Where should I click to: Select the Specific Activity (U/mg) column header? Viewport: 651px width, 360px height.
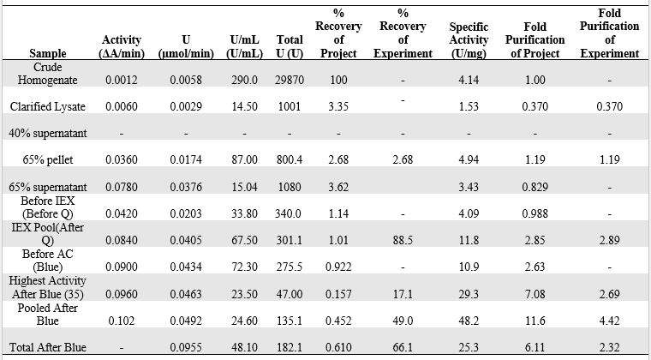pyautogui.click(x=469, y=40)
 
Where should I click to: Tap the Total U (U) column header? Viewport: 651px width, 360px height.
pyautogui.click(x=290, y=46)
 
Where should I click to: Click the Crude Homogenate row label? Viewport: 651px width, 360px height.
pyautogui.click(x=47, y=73)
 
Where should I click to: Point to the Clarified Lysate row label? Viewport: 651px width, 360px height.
pyautogui.click(x=47, y=106)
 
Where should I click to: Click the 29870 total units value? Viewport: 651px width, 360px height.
pyautogui.click(x=290, y=80)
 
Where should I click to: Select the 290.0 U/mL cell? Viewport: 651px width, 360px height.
pyautogui.click(x=244, y=80)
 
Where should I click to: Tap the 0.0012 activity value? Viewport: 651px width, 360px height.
pyautogui.click(x=122, y=80)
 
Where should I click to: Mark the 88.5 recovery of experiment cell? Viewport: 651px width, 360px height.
pyautogui.click(x=403, y=241)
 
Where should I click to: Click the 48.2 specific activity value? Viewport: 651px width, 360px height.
pyautogui.click(x=469, y=321)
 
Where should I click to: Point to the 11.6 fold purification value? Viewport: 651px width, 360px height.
pyautogui.click(x=535, y=321)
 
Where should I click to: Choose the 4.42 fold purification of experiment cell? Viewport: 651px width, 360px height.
pyautogui.click(x=609, y=321)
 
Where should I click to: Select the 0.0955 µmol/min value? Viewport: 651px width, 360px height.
pyautogui.click(x=186, y=347)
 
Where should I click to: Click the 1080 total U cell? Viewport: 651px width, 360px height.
pyautogui.click(x=290, y=186)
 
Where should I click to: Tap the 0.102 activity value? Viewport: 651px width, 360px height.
pyautogui.click(x=122, y=321)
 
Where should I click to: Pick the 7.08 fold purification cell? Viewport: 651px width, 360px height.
pyautogui.click(x=535, y=294)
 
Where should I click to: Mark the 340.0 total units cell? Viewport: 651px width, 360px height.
pyautogui.click(x=290, y=213)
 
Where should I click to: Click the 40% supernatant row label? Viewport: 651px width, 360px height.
pyautogui.click(x=47, y=133)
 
